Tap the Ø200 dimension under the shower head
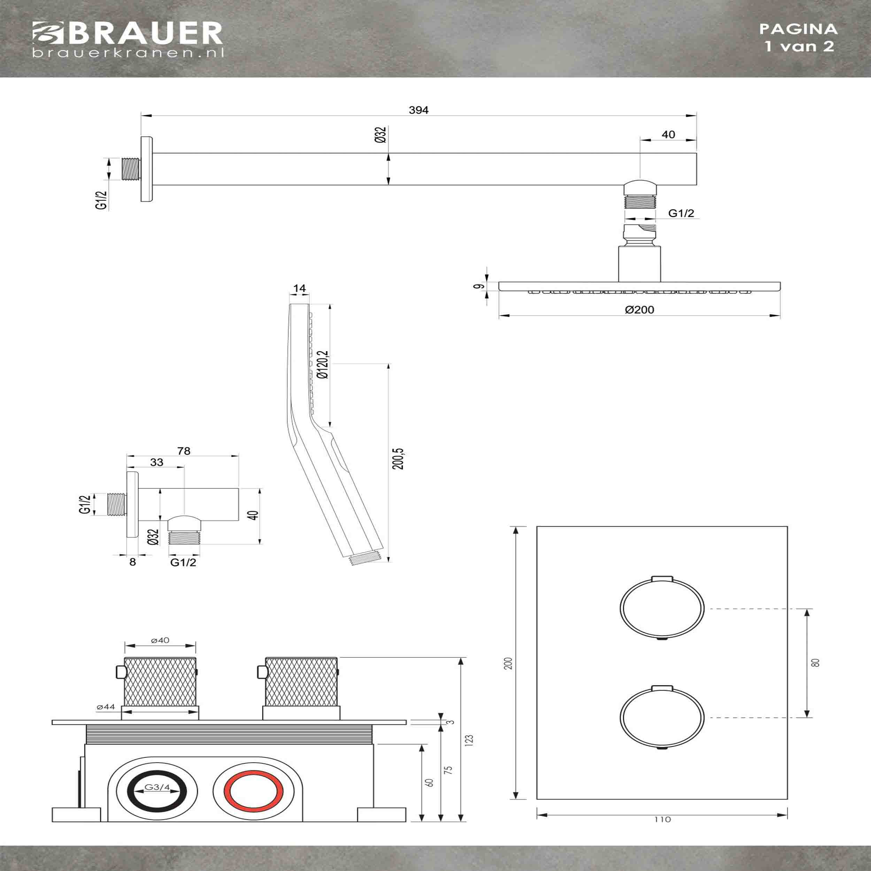coord(639,310)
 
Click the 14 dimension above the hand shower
coord(299,288)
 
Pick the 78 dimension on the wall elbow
coord(184,451)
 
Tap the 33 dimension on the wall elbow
coord(156,462)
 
